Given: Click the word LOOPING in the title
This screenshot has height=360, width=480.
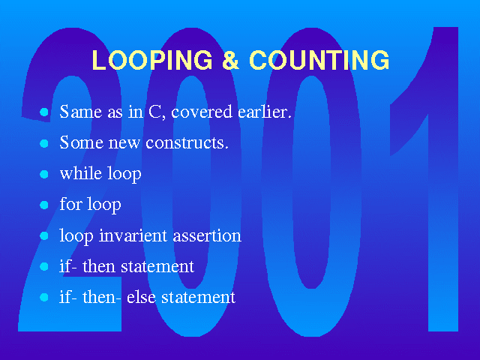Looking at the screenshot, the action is (x=152, y=60).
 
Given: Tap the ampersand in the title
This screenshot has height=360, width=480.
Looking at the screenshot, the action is (x=230, y=60).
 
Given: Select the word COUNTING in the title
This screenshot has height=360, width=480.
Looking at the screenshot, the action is (x=319, y=60).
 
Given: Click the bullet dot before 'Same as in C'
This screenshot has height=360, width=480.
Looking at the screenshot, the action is (x=44, y=112).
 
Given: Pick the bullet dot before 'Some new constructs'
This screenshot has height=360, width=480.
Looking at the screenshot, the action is (x=44, y=143).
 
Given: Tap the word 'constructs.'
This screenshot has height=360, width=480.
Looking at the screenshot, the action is (x=187, y=142).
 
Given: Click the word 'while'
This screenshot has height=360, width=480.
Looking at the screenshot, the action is (x=81, y=173).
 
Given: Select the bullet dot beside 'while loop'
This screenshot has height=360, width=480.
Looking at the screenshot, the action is (x=44, y=174).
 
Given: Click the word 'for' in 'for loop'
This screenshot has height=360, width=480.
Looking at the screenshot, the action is (x=71, y=203).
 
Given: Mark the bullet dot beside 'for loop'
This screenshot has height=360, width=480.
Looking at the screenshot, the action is (x=44, y=205).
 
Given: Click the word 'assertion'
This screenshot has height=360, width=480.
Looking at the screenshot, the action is (x=207, y=236).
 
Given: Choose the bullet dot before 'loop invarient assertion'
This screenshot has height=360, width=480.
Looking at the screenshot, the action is (x=44, y=235).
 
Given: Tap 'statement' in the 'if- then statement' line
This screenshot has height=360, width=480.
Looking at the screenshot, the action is (x=157, y=266).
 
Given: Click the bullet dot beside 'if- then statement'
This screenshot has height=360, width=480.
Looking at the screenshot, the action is (x=44, y=266).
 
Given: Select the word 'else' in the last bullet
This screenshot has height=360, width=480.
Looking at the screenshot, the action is (x=141, y=297).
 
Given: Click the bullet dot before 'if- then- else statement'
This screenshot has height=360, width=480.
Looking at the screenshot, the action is (x=44, y=297).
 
